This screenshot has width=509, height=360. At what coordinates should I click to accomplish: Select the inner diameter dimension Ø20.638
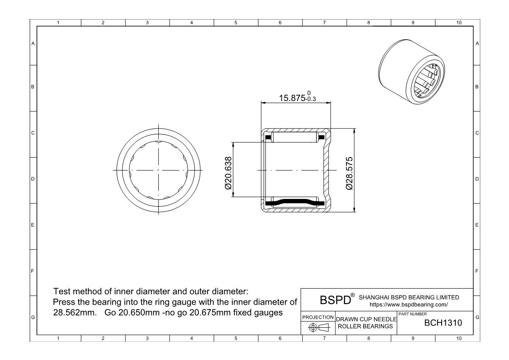(x=227, y=170)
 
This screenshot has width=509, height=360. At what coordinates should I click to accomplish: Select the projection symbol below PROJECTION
(x=317, y=327)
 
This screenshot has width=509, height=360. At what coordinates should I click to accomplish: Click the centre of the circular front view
(x=158, y=170)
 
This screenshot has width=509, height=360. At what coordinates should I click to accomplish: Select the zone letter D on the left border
(x=33, y=178)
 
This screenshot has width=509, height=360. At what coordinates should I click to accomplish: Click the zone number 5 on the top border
(x=235, y=23)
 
